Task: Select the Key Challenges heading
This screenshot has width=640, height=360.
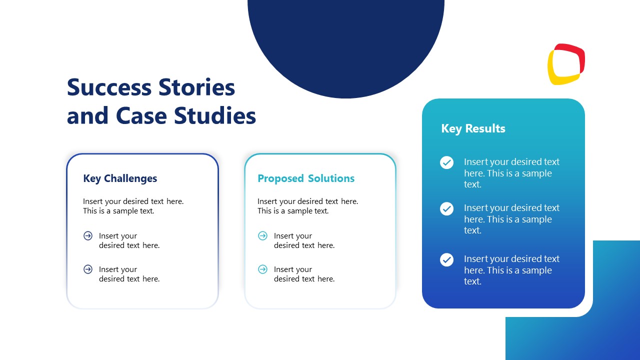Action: (120, 178)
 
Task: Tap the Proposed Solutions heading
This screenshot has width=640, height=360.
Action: (306, 178)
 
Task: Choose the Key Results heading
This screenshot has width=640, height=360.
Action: (473, 128)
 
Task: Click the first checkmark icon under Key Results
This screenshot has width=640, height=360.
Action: (446, 162)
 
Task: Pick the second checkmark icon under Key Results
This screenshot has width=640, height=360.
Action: (446, 208)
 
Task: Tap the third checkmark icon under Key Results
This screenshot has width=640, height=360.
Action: (446, 259)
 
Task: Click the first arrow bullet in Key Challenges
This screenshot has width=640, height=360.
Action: (88, 236)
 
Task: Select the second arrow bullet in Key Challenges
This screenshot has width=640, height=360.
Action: (88, 269)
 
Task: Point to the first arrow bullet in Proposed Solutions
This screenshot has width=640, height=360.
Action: (262, 236)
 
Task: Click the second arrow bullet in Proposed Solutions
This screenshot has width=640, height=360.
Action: (262, 269)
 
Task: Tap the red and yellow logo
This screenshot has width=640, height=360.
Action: (566, 64)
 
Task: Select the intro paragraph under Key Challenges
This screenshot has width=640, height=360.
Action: (133, 206)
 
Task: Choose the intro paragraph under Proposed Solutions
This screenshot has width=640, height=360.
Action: (307, 206)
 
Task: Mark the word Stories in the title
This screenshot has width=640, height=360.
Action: (196, 87)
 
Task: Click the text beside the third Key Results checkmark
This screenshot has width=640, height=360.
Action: (511, 270)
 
